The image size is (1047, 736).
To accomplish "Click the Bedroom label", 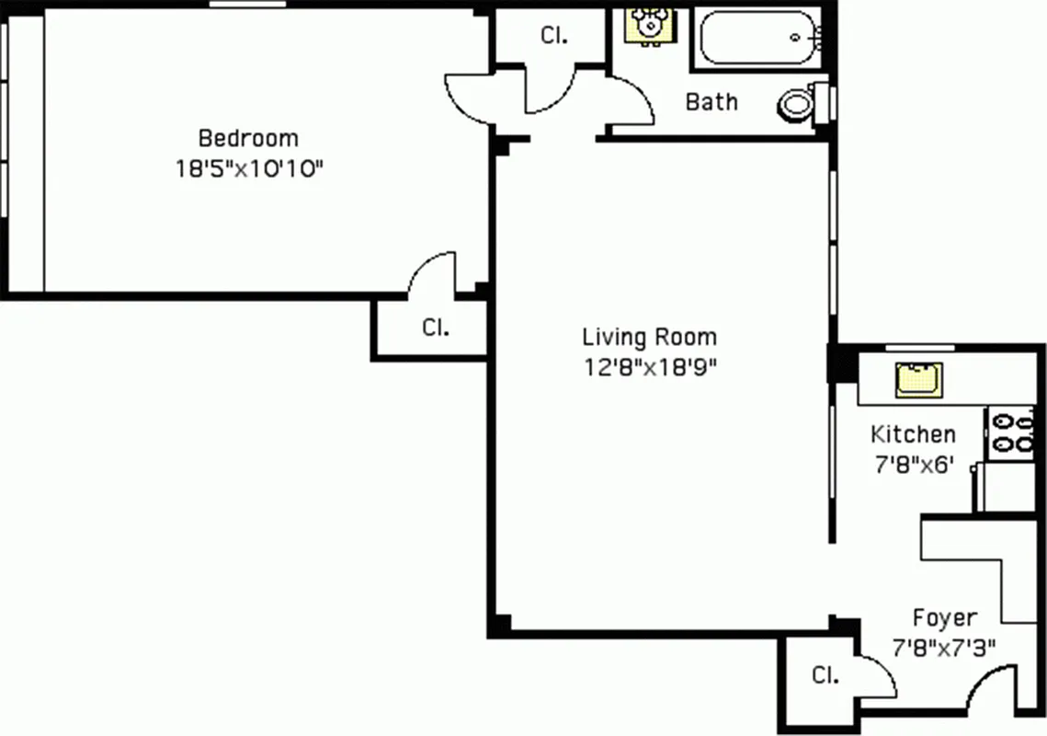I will point(248,139).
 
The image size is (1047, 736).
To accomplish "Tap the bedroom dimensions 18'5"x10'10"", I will point(248,169).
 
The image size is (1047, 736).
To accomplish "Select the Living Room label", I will point(649,337).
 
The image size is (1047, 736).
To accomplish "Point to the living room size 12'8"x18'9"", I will point(649,367).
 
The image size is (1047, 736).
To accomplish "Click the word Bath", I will point(711,101).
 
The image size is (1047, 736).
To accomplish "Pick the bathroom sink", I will point(651,25).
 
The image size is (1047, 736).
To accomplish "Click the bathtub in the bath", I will point(759,38).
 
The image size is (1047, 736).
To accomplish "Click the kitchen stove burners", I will point(1010,432).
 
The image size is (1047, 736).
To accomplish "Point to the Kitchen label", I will point(913,434).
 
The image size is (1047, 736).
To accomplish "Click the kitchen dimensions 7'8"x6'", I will point(913,465).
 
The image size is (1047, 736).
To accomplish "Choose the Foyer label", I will point(944,617).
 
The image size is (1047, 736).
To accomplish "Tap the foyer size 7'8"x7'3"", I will point(944,648).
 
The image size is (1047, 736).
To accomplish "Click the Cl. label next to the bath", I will point(553,36).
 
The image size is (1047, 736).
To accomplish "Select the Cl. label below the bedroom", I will point(435,327).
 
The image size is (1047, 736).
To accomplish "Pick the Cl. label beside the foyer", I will point(825,676).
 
